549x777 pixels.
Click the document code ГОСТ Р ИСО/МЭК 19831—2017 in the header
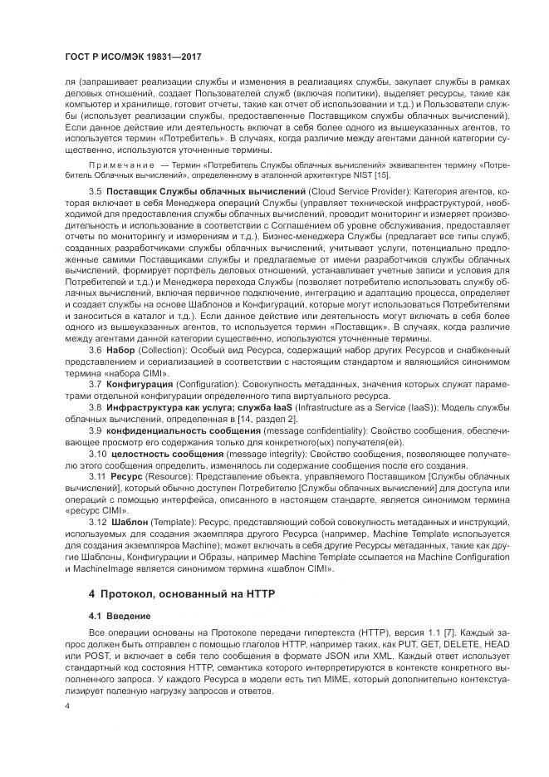coord(134,57)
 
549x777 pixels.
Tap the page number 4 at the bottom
coord(66,706)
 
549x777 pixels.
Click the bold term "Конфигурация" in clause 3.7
coord(140,384)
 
